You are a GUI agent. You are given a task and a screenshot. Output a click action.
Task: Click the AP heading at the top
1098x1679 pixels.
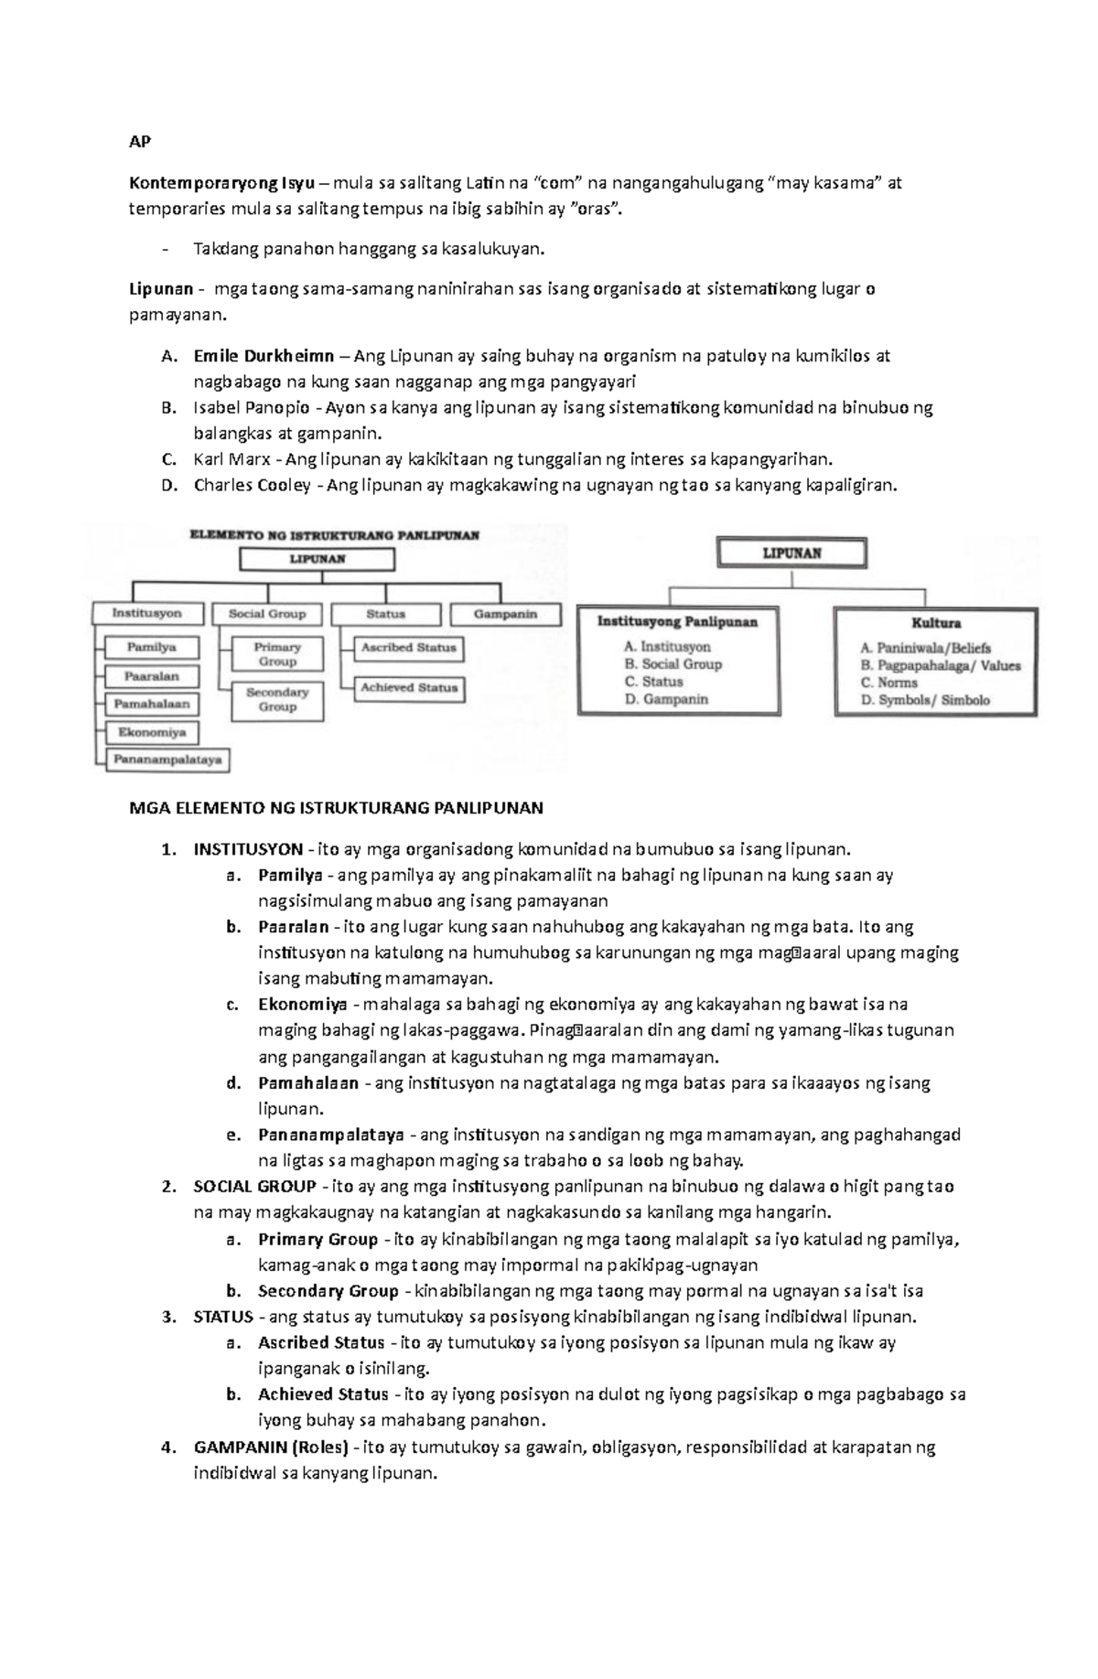pyautogui.click(x=139, y=142)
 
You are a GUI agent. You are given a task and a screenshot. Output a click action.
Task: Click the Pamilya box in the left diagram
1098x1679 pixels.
pyautogui.click(x=151, y=648)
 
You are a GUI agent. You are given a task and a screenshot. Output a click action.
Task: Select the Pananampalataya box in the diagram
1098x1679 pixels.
pyautogui.click(x=167, y=759)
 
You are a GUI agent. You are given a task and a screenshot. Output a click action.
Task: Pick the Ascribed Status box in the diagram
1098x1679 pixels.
pyautogui.click(x=408, y=648)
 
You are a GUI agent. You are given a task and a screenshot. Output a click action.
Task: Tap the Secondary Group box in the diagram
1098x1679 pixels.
pyautogui.click(x=276, y=700)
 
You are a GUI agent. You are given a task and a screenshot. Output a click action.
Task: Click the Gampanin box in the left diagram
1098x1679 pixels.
pyautogui.click(x=505, y=615)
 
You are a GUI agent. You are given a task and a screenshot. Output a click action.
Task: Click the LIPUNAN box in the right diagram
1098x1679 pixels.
pyautogui.click(x=792, y=554)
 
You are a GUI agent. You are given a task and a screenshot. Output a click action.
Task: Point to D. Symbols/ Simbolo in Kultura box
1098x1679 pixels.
pyautogui.click(x=925, y=700)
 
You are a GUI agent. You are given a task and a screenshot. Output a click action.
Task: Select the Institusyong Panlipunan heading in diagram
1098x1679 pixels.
pyautogui.click(x=677, y=622)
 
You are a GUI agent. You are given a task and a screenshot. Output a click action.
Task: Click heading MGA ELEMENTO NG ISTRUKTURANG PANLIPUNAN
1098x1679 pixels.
pyautogui.click(x=336, y=808)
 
